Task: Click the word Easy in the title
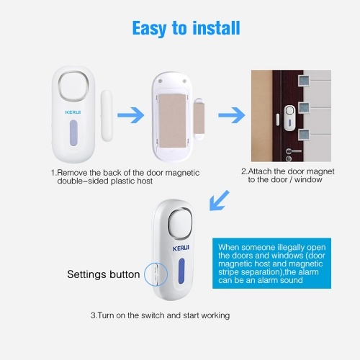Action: (x=150, y=29)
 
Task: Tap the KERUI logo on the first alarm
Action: (x=73, y=112)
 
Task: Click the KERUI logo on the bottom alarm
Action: (x=181, y=248)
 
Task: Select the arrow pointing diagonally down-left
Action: (x=220, y=201)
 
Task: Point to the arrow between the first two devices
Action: (x=131, y=115)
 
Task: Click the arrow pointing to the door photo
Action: (x=232, y=115)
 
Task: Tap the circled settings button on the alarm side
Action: (x=156, y=274)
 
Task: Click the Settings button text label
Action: (x=104, y=274)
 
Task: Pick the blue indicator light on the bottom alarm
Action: (x=181, y=271)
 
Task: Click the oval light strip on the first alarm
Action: (x=73, y=133)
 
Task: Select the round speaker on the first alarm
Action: (x=73, y=86)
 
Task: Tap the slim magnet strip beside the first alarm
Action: (x=107, y=116)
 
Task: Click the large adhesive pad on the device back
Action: (x=172, y=121)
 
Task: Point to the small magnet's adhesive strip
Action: (x=199, y=118)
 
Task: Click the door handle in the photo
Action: (x=293, y=151)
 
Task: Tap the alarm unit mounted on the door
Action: (x=289, y=118)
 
